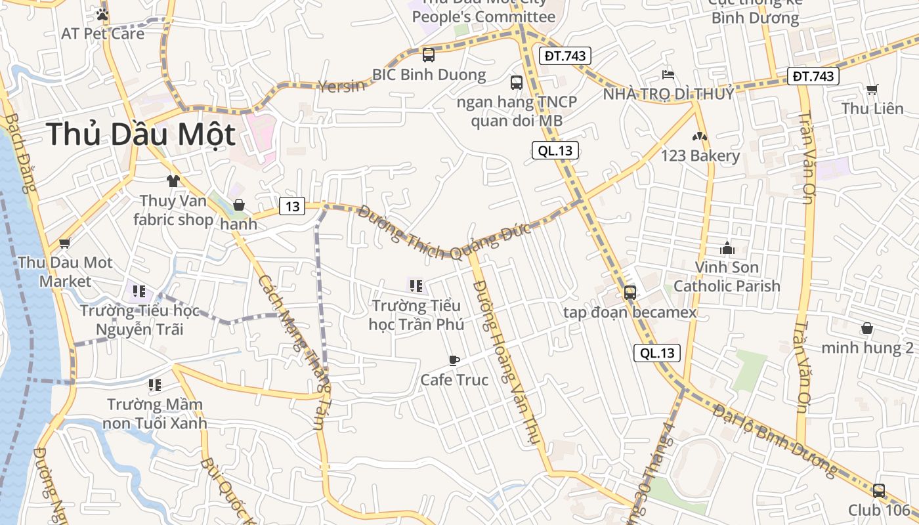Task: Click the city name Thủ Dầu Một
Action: click(140, 135)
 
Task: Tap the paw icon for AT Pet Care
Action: click(102, 14)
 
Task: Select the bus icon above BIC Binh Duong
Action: click(429, 54)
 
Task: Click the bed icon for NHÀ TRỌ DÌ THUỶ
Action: click(668, 74)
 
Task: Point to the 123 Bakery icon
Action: click(700, 137)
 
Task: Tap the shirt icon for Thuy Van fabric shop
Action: click(173, 180)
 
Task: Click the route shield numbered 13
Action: click(292, 206)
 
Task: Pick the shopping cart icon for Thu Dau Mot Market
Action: click(64, 243)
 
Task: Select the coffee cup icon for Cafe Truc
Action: click(454, 360)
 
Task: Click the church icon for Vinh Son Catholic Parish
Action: click(727, 248)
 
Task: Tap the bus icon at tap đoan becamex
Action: click(630, 293)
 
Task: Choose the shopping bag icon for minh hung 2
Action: click(867, 328)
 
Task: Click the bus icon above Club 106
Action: click(878, 490)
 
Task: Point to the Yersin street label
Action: click(341, 85)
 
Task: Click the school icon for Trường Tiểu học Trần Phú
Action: click(416, 286)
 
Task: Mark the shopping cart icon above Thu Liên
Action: click(872, 89)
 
